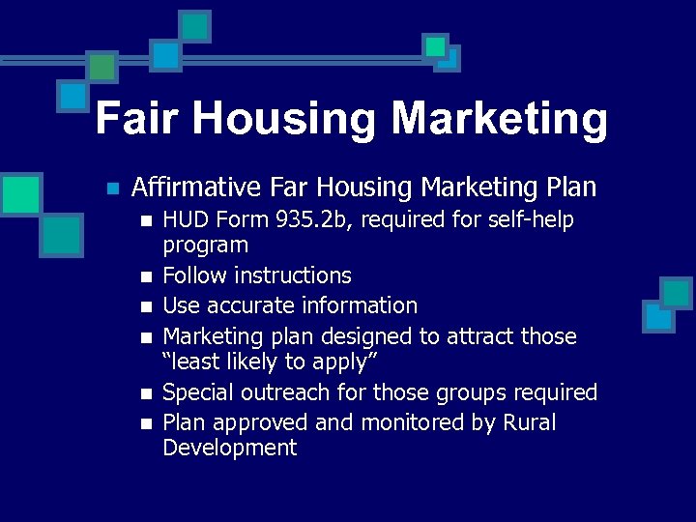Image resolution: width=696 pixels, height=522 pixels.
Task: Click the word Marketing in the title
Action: click(x=500, y=120)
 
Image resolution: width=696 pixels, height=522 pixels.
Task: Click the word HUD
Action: click(x=186, y=220)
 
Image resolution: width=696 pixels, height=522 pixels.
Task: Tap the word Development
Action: click(x=230, y=448)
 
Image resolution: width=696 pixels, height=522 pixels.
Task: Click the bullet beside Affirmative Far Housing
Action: click(x=112, y=188)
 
